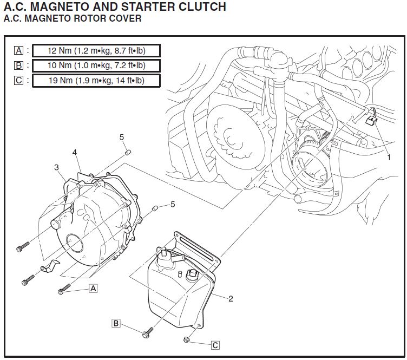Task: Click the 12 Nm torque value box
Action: [x=97, y=51]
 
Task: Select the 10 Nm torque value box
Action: [x=97, y=66]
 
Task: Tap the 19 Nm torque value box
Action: [x=97, y=81]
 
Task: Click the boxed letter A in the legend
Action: [x=19, y=51]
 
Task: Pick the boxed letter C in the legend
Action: [x=19, y=81]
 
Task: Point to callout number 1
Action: [x=388, y=158]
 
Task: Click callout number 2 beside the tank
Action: [x=231, y=298]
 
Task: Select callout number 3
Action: [x=56, y=167]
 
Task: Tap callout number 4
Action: [x=75, y=153]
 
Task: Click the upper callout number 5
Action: [x=122, y=138]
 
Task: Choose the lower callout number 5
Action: [x=173, y=204]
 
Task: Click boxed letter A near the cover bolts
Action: [x=93, y=288]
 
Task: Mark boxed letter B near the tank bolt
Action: [x=116, y=323]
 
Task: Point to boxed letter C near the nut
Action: [x=215, y=344]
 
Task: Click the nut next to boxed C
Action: [x=186, y=340]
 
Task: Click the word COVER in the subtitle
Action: [x=126, y=19]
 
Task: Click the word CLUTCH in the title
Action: [x=201, y=7]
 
